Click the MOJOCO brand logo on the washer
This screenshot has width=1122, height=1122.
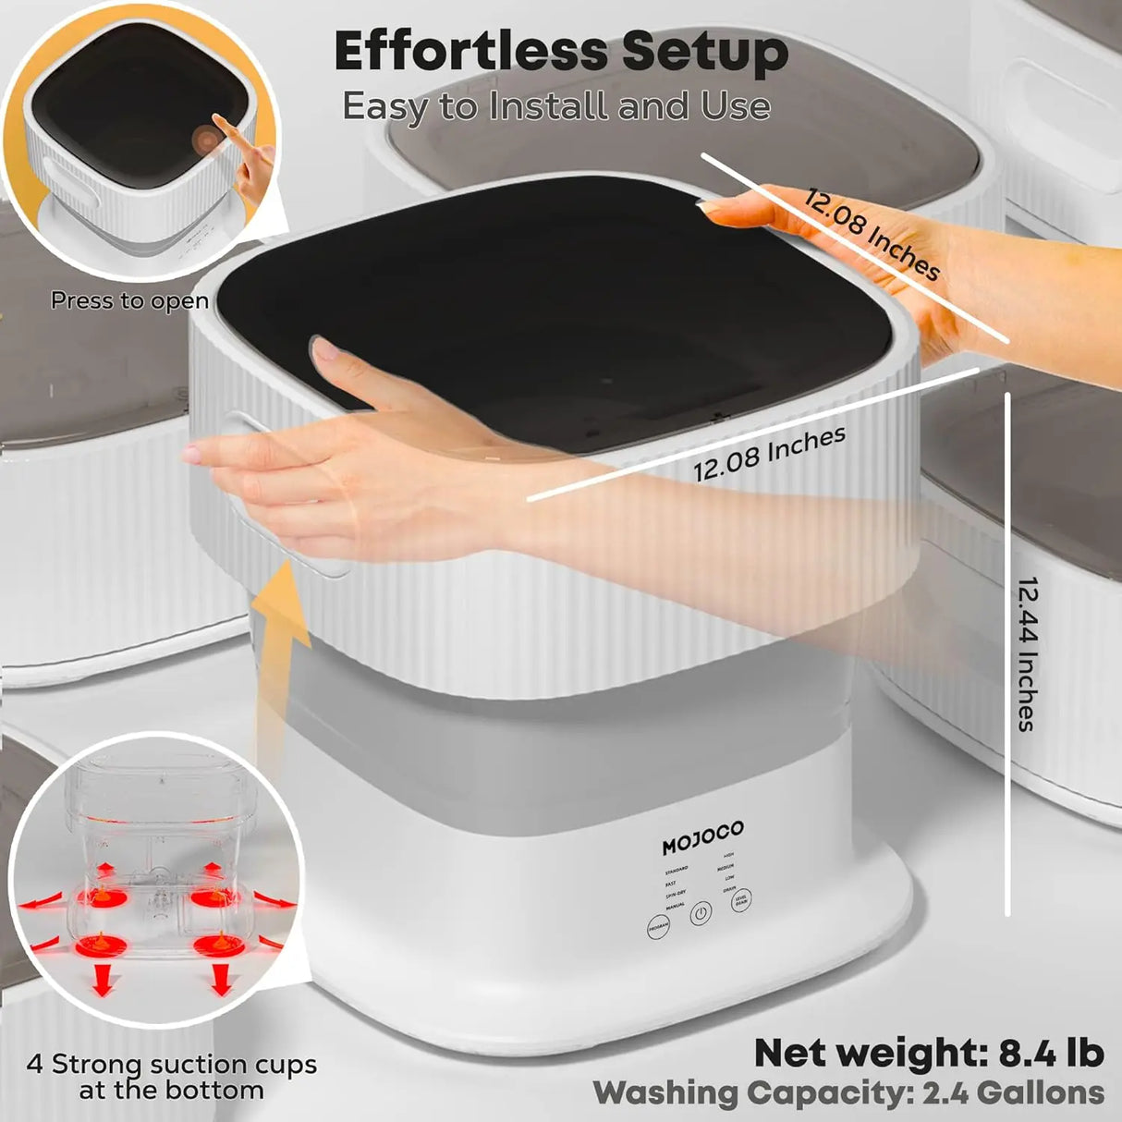[702, 837]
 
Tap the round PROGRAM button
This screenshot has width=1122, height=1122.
[658, 926]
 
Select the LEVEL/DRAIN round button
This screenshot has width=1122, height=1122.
[740, 900]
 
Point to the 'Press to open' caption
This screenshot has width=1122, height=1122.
[129, 301]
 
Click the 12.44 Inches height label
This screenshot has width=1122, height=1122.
[1028, 653]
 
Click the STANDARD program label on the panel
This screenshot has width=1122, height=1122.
[676, 870]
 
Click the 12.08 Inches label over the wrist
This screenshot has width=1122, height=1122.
[871, 234]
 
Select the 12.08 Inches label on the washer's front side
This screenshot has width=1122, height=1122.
[769, 454]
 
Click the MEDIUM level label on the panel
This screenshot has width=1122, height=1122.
[726, 867]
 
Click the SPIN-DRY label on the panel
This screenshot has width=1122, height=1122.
[675, 895]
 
